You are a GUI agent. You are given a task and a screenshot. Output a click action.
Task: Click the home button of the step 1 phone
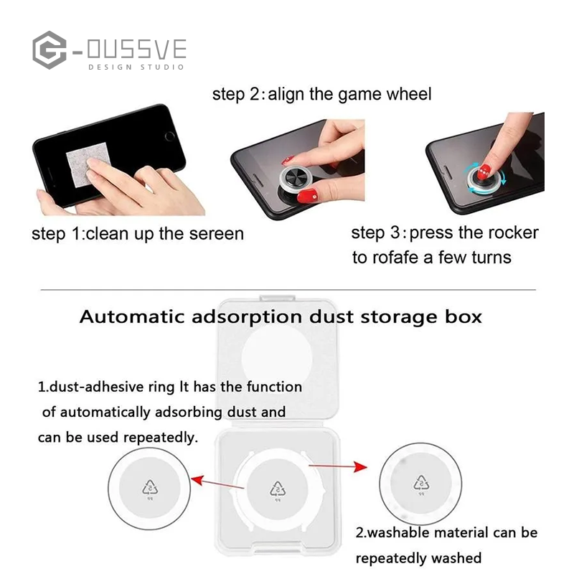pyautogui.click(x=169, y=135)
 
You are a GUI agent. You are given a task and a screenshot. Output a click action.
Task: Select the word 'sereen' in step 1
pyautogui.click(x=215, y=234)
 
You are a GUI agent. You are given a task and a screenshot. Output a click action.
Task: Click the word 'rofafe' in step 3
pyautogui.click(x=393, y=258)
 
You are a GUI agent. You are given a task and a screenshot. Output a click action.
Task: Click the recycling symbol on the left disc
pyautogui.click(x=151, y=489)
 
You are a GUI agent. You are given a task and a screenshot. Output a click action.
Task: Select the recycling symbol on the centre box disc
pyautogui.click(x=278, y=489)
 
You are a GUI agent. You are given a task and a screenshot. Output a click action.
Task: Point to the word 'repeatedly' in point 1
pyautogui.click(x=161, y=437)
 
